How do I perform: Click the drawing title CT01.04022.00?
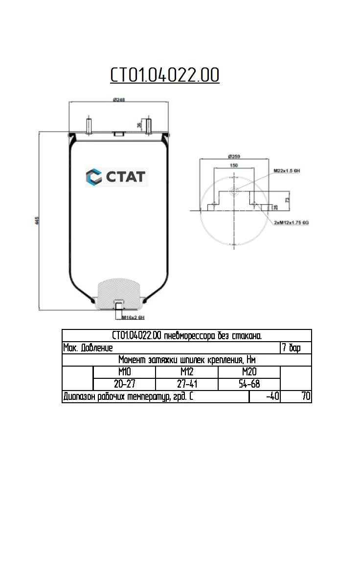click(x=164, y=76)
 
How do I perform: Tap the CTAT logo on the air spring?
click(x=116, y=176)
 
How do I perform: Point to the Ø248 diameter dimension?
click(x=119, y=100)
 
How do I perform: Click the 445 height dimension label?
click(x=37, y=220)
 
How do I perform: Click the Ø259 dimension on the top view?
click(x=233, y=157)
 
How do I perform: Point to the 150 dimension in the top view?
click(x=234, y=166)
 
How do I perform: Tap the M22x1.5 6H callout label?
click(x=286, y=170)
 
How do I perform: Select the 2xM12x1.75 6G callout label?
click(x=292, y=222)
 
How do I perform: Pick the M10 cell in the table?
click(x=124, y=372)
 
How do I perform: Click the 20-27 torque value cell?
click(x=124, y=384)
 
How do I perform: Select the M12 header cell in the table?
click(x=186, y=372)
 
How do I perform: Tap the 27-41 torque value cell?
click(x=186, y=384)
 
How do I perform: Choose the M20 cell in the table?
click(x=249, y=372)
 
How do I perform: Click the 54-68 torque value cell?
click(x=249, y=384)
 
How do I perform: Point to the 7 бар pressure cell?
click(x=295, y=348)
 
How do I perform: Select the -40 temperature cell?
click(x=265, y=396)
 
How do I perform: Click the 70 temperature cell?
click(x=296, y=396)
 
